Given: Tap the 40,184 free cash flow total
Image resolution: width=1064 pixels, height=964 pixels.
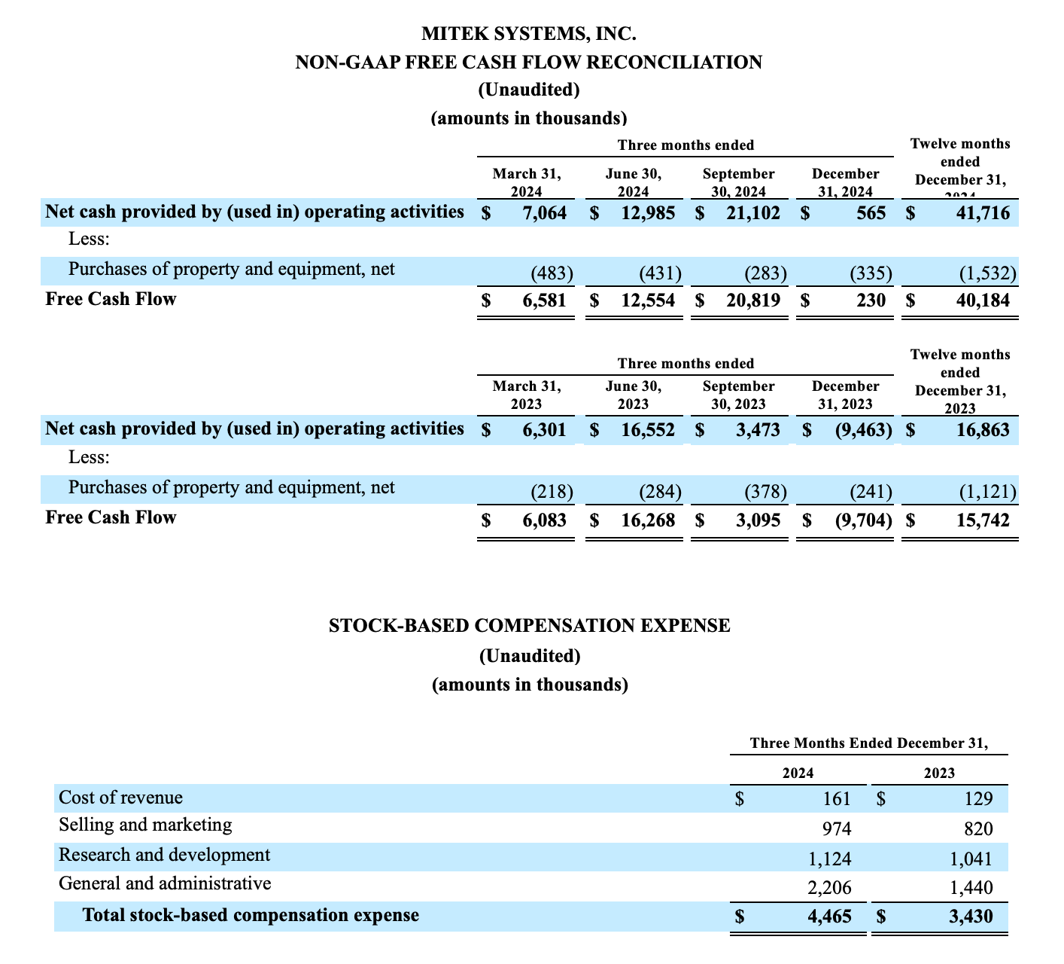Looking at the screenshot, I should point(977,300).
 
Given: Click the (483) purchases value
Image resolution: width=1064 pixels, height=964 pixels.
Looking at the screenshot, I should point(552,273).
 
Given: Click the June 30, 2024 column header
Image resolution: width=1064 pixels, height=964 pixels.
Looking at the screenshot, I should point(633,183).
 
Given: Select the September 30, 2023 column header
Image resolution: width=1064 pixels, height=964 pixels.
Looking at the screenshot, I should point(738,395).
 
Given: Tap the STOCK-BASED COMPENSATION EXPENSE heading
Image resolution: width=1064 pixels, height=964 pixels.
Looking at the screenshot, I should point(530,625).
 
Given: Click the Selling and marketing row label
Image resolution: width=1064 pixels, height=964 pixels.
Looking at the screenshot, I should point(145,825).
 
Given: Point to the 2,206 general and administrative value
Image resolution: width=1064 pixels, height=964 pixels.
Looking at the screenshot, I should point(828,889).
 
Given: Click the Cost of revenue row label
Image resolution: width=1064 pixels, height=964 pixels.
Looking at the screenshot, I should point(120,798).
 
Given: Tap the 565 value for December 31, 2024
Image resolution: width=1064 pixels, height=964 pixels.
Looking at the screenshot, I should point(871,213).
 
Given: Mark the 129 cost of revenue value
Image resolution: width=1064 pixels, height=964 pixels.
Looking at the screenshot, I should point(978,800).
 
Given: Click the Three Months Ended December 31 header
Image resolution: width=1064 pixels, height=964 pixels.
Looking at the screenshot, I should point(868,743).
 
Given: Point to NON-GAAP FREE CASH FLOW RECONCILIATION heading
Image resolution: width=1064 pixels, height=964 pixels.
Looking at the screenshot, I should point(529,62).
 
